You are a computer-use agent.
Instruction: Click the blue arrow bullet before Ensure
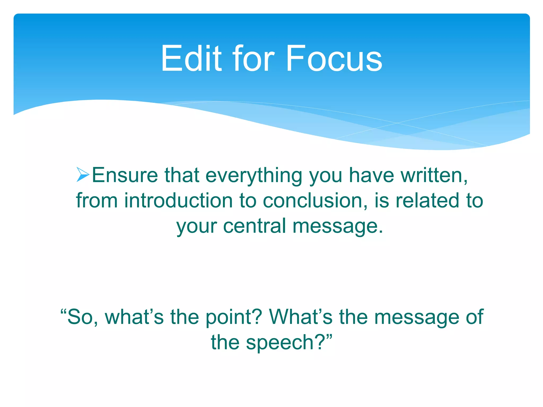(x=83, y=175)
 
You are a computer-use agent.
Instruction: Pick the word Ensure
(x=125, y=175)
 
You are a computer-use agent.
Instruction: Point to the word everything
(x=254, y=176)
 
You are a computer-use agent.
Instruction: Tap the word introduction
(x=178, y=201)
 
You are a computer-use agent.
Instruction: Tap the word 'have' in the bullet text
(x=371, y=175)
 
